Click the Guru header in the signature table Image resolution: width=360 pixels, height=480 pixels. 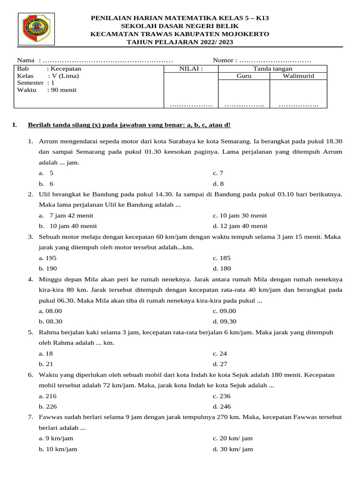[244, 76]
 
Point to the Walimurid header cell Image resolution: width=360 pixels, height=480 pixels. [298, 76]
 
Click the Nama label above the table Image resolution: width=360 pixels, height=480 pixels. [26, 60]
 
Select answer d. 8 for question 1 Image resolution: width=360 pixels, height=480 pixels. [218, 184]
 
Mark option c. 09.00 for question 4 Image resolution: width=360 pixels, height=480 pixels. [224, 311]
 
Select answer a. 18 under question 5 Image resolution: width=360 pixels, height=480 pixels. [46, 353]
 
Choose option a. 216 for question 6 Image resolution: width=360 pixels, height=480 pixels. [48, 396]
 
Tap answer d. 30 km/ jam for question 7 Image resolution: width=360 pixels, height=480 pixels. [232, 449]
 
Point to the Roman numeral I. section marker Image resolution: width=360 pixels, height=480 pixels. [15, 125]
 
